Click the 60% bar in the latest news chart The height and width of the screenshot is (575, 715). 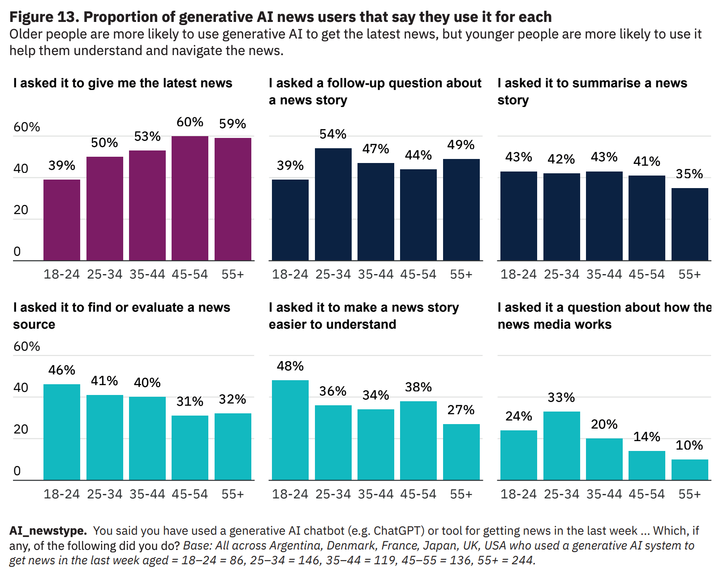point(190,198)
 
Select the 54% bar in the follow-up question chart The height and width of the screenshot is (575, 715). point(333,204)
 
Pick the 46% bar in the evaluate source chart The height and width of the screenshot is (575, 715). point(62,432)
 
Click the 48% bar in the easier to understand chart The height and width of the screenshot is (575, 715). point(290,430)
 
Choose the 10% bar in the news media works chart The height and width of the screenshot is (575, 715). point(689,469)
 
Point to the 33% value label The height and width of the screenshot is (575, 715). point(561,397)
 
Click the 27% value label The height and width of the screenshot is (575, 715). point(461,410)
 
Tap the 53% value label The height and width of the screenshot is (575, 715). point(147,136)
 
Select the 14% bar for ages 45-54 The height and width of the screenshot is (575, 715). point(646,465)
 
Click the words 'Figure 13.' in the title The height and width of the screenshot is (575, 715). point(44,17)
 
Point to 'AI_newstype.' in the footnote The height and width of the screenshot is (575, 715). point(48,531)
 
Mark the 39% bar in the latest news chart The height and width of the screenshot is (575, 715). point(62,220)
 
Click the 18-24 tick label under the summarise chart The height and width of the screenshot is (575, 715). point(518,274)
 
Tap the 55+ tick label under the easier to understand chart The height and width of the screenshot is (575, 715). point(461,494)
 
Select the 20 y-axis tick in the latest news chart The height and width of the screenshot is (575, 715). point(21,210)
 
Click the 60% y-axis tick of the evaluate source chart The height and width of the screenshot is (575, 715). point(26,346)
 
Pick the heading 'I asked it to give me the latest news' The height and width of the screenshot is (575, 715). point(123,83)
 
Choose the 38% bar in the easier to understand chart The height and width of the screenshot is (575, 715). point(418,441)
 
